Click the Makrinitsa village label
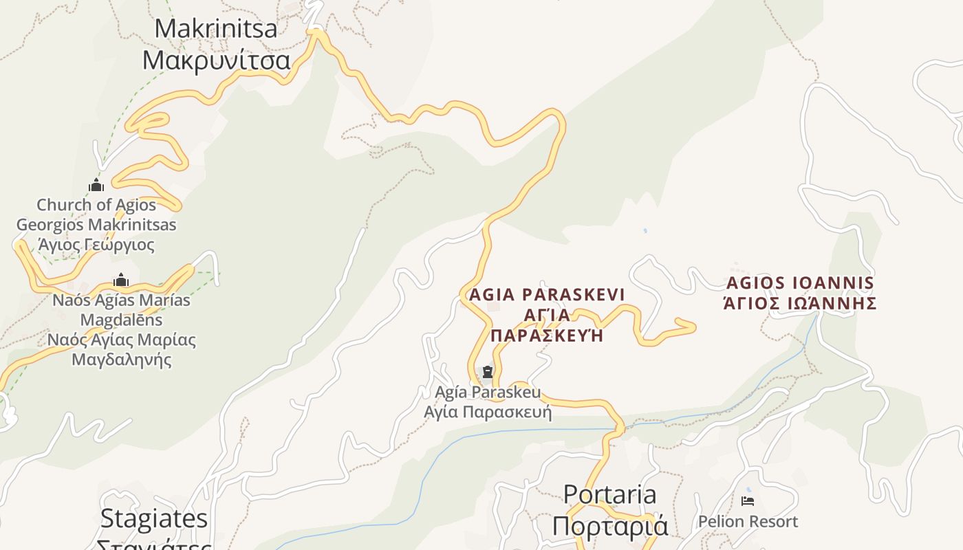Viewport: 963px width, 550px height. pos(215,29)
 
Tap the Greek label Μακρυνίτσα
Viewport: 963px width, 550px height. pos(216,60)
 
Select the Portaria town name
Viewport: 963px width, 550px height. pos(609,494)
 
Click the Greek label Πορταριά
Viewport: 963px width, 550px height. pos(609,526)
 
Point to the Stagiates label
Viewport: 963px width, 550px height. pos(153,518)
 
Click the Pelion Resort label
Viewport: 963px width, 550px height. pos(748,522)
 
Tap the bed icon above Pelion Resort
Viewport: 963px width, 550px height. pos(748,501)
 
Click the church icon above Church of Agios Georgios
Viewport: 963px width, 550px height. pos(96,185)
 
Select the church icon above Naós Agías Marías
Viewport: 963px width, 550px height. pos(121,280)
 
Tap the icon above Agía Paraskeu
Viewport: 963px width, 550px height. pos(488,372)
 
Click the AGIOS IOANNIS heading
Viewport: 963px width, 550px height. pos(800,283)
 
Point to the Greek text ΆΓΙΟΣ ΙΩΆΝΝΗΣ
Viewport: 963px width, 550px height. pos(800,303)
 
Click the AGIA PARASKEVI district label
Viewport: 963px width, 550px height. pos(547,295)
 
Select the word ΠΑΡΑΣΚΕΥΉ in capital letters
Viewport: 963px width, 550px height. pos(547,335)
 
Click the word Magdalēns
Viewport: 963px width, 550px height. pos(121,320)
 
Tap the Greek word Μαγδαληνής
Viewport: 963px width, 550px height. pos(121,359)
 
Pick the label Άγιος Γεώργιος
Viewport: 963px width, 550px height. pos(96,245)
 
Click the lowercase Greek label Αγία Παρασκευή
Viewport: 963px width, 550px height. pos(488,412)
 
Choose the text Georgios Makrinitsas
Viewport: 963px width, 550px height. pos(96,225)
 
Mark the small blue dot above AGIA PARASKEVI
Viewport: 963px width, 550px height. pos(645,231)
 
